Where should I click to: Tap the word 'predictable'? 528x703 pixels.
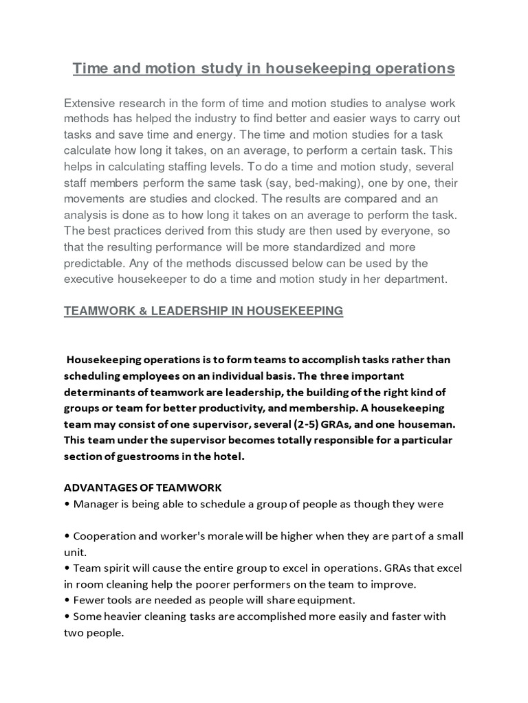[94, 262]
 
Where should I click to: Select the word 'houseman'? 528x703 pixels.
[422, 424]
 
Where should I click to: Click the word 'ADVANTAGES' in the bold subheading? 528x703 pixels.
[99, 487]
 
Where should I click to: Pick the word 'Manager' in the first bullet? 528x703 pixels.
[93, 504]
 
